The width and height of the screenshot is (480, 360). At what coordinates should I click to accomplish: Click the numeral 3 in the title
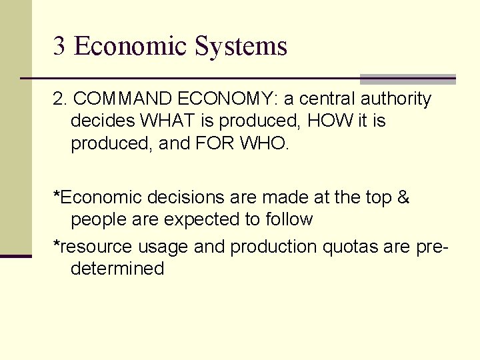click(x=59, y=46)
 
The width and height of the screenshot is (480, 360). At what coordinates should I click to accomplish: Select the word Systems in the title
click(x=241, y=46)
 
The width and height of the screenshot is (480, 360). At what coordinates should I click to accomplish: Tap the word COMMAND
click(x=123, y=99)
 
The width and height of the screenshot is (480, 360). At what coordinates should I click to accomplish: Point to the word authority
click(x=396, y=99)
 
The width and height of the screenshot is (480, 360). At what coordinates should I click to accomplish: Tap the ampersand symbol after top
click(x=403, y=197)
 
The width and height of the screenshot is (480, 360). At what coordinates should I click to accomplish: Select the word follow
click(x=288, y=219)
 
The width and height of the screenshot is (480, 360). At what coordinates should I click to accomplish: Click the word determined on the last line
click(x=117, y=269)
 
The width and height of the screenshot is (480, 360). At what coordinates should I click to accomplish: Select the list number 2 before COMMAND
click(x=59, y=99)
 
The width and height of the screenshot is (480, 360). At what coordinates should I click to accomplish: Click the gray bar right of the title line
click(x=407, y=79)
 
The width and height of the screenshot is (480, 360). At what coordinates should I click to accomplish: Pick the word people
click(x=96, y=219)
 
